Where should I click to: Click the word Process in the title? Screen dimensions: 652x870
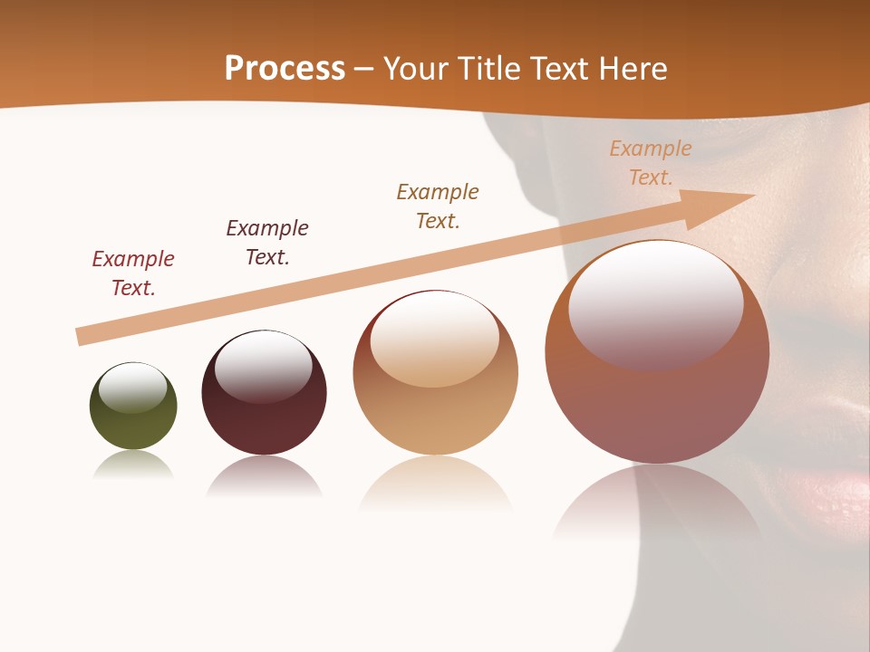[285, 69]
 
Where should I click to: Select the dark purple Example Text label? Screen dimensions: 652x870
[267, 243]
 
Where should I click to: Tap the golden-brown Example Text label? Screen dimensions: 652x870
[438, 206]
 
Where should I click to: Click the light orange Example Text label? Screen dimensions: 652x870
[651, 163]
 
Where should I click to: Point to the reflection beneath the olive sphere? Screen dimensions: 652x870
[133, 465]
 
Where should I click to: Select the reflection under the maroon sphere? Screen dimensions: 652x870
[264, 475]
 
